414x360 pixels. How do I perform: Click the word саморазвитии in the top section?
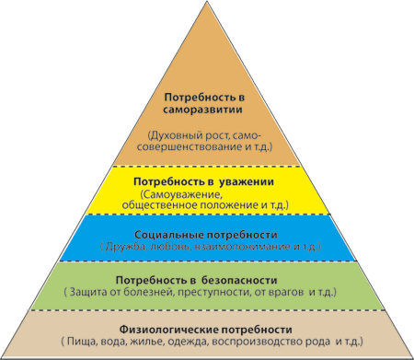pyautogui.click(x=202, y=110)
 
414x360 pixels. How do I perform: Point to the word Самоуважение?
pyautogui.click(x=180, y=194)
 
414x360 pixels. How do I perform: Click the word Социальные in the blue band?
pyautogui.click(x=169, y=235)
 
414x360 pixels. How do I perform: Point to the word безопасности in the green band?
pyautogui.click(x=239, y=280)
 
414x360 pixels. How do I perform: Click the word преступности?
pyautogui.click(x=214, y=292)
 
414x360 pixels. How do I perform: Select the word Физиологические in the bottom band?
pyautogui.click(x=168, y=330)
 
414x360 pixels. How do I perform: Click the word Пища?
pyautogui.click(x=81, y=342)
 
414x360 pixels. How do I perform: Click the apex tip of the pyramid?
pyautogui.click(x=207, y=1)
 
